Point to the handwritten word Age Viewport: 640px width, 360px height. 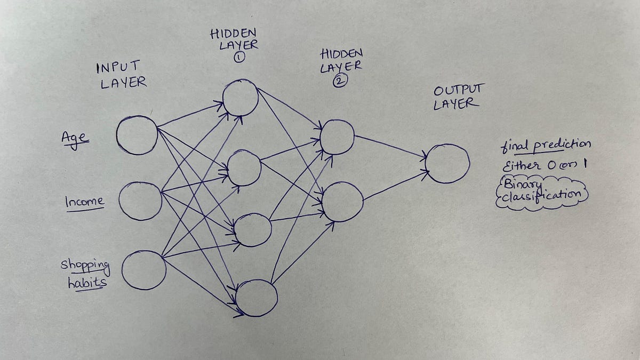click(75, 139)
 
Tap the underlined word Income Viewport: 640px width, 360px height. click(85, 202)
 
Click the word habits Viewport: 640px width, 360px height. click(87, 282)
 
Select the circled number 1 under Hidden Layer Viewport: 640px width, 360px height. click(239, 58)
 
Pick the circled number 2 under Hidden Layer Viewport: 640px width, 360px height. click(340, 81)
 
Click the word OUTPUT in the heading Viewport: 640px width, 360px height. click(459, 90)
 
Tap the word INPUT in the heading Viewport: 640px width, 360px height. click(118, 67)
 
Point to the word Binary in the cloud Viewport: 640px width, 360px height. click(523, 185)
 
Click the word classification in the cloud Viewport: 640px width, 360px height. click(541, 196)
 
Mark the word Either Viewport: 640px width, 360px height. click(522, 166)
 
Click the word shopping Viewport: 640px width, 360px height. click(85, 266)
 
